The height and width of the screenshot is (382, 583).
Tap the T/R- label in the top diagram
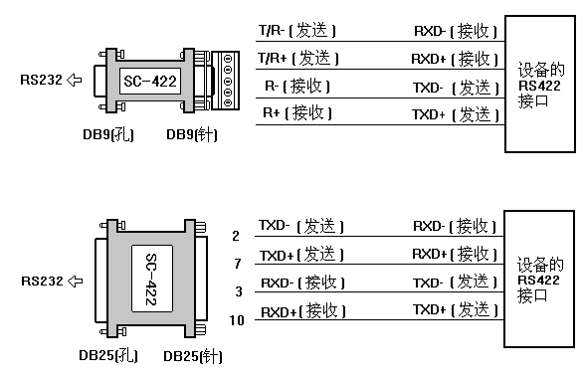pos(270,33)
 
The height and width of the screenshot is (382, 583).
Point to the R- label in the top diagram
pos(271,86)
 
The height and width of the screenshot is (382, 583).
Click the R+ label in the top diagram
pos(271,113)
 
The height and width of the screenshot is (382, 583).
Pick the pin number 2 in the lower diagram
pos(236,236)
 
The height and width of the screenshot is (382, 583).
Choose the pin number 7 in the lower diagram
pos(236,264)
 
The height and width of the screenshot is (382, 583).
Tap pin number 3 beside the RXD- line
pos(236,291)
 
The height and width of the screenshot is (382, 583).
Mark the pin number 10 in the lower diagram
pos(236,319)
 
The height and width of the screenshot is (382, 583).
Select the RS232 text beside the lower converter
pos(39,282)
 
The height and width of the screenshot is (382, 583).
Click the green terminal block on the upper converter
pos(230,79)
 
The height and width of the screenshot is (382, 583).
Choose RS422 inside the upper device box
pos(541,86)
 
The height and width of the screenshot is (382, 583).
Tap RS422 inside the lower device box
pos(541,282)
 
